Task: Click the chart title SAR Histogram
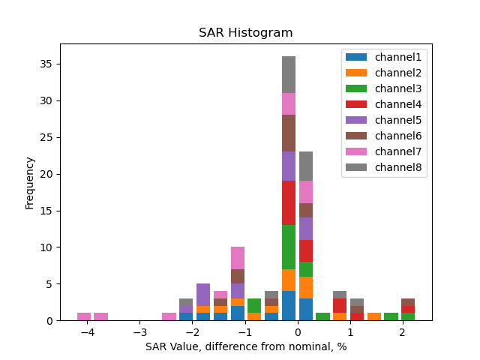245,33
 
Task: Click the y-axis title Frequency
30,182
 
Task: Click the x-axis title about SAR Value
245,346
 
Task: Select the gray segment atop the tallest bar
289,74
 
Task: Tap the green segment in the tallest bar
289,247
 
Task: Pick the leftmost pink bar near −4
84,316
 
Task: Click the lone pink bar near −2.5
169,316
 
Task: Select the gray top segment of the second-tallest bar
306,166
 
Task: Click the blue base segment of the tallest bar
289,305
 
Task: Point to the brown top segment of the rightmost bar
407,302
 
